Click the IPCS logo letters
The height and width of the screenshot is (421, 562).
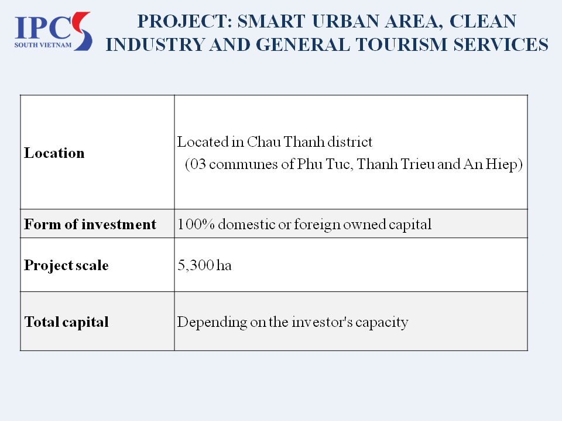coord(53,29)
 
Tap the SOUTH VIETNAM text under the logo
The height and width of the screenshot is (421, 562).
coord(43,45)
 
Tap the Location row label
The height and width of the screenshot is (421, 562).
coord(54,153)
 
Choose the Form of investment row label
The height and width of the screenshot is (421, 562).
coord(90,224)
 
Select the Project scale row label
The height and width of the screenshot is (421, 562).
coord(66,265)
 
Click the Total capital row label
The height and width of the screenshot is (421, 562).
coord(66,322)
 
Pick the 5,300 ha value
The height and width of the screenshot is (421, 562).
coord(204,265)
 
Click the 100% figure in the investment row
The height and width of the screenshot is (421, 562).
coord(196,224)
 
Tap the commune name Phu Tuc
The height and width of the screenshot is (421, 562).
coord(325,164)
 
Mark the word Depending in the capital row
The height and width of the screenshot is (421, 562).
coord(212,322)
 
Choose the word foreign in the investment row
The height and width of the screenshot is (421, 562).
coord(317,225)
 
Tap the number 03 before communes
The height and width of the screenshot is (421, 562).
coord(198,164)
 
